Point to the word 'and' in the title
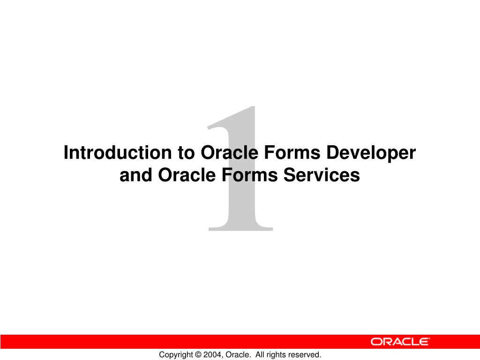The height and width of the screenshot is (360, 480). tap(136, 175)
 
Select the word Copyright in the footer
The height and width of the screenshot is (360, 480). tap(176, 355)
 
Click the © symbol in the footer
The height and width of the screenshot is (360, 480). tap(199, 355)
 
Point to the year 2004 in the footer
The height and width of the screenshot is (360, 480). tap(213, 355)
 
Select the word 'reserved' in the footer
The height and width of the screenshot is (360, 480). tap(304, 355)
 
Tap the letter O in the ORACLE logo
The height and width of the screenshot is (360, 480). tap(376, 342)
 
